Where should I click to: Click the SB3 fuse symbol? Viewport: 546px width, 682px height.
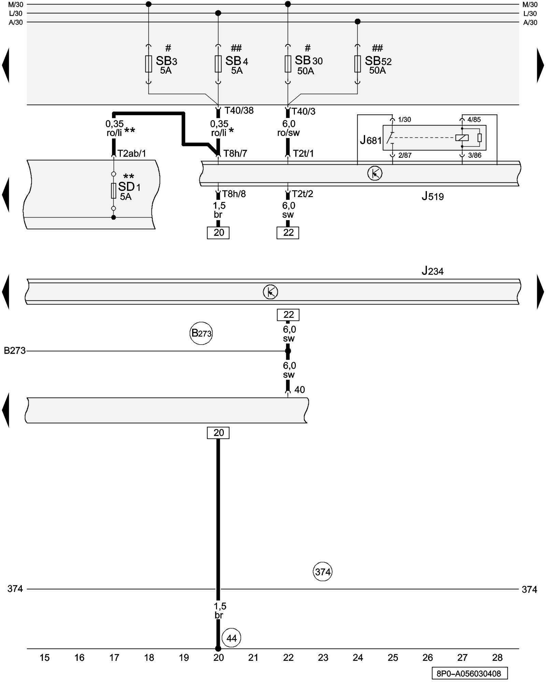(x=148, y=64)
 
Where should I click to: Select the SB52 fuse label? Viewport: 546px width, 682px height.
(x=378, y=61)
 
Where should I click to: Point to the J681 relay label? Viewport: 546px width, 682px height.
(x=371, y=140)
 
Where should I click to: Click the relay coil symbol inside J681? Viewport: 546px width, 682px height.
(x=462, y=138)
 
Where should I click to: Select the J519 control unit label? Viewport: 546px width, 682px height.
(x=432, y=196)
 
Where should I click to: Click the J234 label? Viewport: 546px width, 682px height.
(x=432, y=271)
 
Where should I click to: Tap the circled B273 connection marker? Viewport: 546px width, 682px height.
(x=201, y=333)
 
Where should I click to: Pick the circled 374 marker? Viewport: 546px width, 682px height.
(x=322, y=572)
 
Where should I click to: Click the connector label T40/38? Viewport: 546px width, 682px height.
(x=239, y=110)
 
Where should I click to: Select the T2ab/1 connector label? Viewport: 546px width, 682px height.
(x=131, y=153)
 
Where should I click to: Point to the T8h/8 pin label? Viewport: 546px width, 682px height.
(x=234, y=194)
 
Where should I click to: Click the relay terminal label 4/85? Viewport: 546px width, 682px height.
(x=474, y=120)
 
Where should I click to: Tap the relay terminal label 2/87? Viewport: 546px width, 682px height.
(x=405, y=155)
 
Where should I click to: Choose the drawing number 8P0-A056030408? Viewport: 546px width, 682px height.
(x=469, y=673)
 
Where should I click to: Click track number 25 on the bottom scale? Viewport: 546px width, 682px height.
(x=393, y=657)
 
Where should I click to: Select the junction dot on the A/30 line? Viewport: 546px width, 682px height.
(x=357, y=22)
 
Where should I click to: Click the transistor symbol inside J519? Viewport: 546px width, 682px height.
(x=375, y=174)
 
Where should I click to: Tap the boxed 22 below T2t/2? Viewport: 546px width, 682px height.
(x=288, y=233)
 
